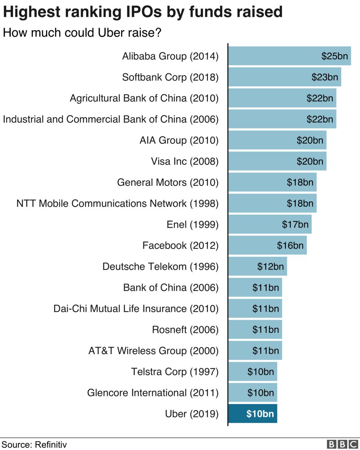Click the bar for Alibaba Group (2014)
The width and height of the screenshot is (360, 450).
click(x=290, y=56)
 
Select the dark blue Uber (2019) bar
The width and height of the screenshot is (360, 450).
click(x=253, y=413)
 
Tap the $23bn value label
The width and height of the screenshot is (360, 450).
click(x=325, y=77)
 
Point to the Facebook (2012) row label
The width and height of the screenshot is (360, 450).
click(x=180, y=245)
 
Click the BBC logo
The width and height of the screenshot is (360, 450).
click(x=343, y=444)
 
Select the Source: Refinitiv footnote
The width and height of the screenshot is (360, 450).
click(x=34, y=444)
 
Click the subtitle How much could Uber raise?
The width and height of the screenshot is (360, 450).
click(x=82, y=32)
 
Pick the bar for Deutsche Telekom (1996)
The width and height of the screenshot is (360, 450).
click(x=257, y=266)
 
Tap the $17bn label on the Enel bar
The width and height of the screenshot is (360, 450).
click(x=295, y=224)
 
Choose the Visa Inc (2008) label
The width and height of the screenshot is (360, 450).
click(x=184, y=161)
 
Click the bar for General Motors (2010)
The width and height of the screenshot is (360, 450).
click(x=272, y=182)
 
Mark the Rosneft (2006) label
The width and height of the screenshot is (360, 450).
click(x=185, y=329)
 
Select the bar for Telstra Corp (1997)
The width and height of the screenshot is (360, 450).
click(x=253, y=371)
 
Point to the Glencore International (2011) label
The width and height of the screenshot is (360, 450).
click(x=153, y=392)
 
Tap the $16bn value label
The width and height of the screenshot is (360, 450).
click(x=290, y=245)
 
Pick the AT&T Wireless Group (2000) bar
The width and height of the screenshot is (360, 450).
click(x=255, y=350)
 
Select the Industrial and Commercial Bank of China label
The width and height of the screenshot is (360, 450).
click(x=111, y=119)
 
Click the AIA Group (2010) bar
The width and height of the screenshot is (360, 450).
click(x=277, y=140)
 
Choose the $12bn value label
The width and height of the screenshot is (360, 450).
click(x=270, y=266)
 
